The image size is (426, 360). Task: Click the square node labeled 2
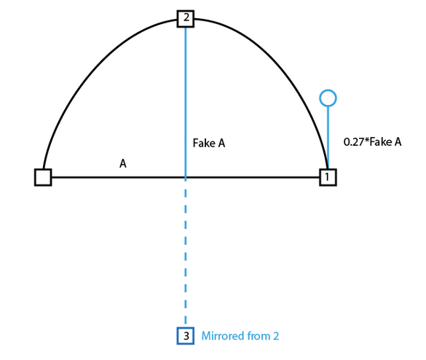[186, 19]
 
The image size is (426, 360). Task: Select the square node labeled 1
[328, 177]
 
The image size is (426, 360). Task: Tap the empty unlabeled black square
[43, 177]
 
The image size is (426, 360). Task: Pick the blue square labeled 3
[186, 336]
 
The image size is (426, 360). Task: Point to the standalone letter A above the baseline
[123, 164]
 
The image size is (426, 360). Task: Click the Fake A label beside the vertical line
[209, 143]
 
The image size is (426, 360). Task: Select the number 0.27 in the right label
[353, 141]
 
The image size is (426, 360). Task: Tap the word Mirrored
[223, 336]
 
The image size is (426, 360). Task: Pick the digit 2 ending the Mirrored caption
[276, 336]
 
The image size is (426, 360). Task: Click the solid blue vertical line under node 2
[186, 103]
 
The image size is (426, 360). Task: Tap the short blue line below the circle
[328, 138]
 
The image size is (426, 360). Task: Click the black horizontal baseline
[186, 177]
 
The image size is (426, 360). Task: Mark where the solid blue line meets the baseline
[186, 177]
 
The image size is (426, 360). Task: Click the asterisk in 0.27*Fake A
[366, 140]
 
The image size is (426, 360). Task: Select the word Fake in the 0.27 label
[380, 141]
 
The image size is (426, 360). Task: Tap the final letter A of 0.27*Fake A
[398, 141]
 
